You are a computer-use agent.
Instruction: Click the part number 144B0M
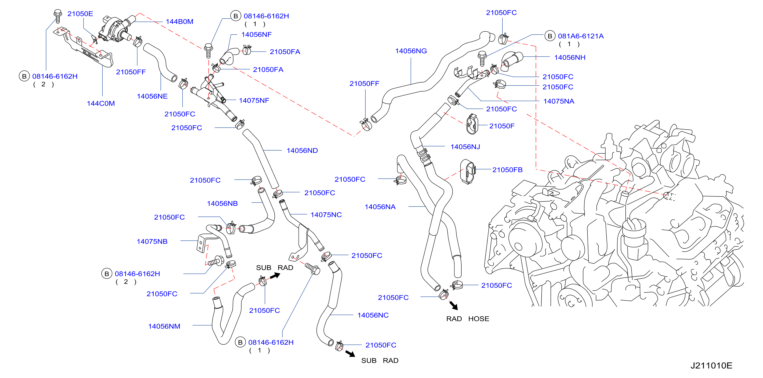[x=180, y=22]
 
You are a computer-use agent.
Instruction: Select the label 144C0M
[x=101, y=103]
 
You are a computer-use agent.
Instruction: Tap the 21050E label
[x=80, y=13]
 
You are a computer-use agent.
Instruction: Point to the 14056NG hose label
[x=411, y=51]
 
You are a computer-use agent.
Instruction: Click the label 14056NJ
[x=465, y=147]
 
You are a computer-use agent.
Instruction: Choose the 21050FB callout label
[x=507, y=170]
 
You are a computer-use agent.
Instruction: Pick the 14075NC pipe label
[x=326, y=215]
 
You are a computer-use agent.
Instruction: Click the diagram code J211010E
[x=712, y=366]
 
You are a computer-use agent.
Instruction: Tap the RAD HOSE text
[x=468, y=319]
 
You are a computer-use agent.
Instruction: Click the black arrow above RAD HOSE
[x=453, y=305]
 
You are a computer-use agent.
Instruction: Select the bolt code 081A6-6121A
[x=581, y=36]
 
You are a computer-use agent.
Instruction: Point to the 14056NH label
[x=570, y=58]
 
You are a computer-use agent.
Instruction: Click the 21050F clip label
[x=502, y=126]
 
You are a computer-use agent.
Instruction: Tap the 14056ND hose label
[x=302, y=151]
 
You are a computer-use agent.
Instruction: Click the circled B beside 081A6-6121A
[x=550, y=36]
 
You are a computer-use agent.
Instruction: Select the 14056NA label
[x=380, y=207]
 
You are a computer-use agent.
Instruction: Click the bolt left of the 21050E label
[x=58, y=16]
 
